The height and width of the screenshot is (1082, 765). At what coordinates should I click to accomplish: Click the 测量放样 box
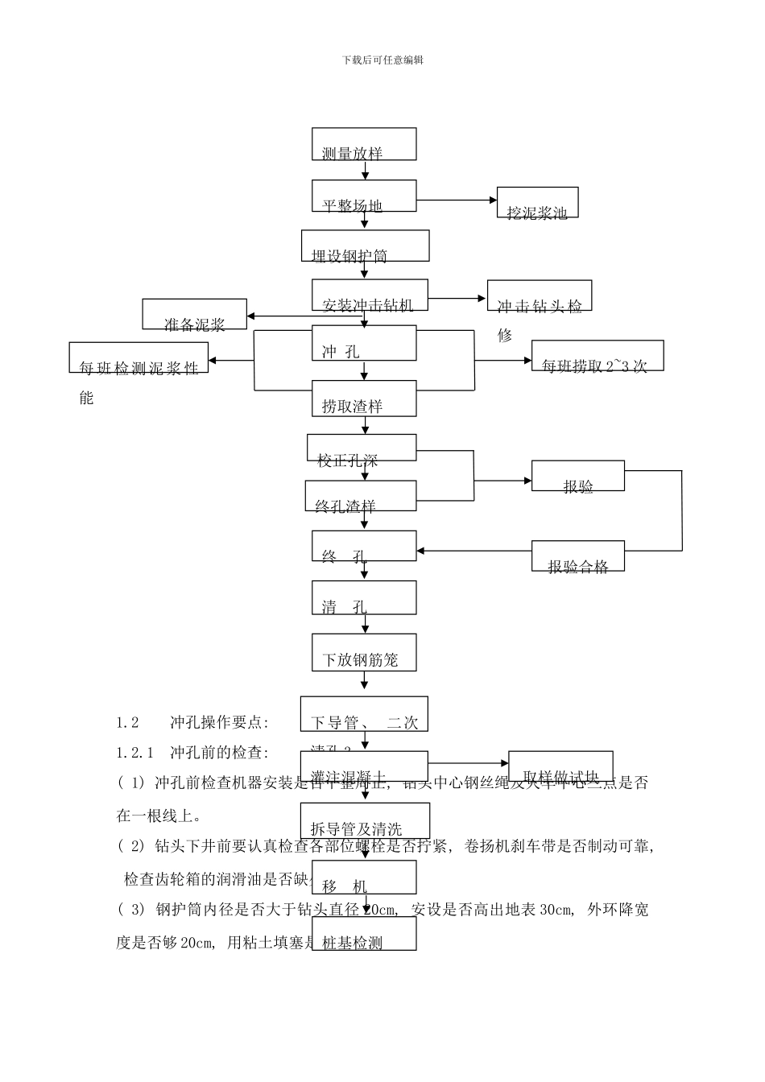tap(364, 144)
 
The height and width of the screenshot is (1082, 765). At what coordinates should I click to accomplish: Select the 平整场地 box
tap(364, 196)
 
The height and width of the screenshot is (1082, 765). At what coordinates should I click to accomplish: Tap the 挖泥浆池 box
tap(537, 203)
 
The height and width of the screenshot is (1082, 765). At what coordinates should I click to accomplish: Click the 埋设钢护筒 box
tap(365, 246)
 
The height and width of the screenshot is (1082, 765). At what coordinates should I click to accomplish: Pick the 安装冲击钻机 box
tap(370, 295)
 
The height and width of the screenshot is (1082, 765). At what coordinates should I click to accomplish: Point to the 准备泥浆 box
tap(195, 314)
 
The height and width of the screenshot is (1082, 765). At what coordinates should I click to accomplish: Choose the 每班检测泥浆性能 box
tap(139, 358)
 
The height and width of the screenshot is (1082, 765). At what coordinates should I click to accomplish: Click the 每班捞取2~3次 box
tap(589, 356)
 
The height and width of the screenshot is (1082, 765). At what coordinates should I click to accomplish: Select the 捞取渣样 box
tap(364, 398)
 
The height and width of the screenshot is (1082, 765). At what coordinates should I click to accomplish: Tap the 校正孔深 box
tap(362, 448)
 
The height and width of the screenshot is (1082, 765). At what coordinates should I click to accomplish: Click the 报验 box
tap(577, 476)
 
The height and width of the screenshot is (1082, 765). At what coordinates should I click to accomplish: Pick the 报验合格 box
tap(578, 556)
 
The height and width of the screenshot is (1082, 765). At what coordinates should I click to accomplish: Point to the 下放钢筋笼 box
tap(364, 652)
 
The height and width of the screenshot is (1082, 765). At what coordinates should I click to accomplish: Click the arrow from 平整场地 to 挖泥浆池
tap(457, 199)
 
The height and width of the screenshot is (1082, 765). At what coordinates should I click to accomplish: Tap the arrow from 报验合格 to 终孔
tap(474, 551)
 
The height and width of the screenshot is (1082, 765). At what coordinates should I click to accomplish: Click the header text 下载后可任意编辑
tap(382, 60)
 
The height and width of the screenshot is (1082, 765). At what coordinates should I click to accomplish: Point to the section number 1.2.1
tap(134, 753)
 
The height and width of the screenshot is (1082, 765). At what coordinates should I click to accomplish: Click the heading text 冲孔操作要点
tap(219, 722)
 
